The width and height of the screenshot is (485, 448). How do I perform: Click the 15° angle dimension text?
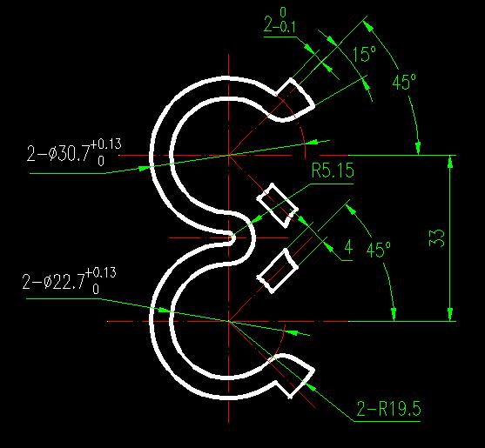tap(364, 55)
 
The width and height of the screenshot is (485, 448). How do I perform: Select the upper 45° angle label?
tap(404, 82)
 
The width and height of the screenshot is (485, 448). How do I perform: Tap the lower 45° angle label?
tap(379, 250)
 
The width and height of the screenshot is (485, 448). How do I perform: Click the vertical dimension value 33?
tap(437, 237)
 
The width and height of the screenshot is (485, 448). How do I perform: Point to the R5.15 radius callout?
tap(333, 171)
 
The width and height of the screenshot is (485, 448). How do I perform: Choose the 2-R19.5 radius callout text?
tap(389, 409)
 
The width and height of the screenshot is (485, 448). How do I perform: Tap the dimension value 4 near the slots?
tap(348, 247)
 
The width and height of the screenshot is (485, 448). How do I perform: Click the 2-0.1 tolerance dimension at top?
tap(280, 21)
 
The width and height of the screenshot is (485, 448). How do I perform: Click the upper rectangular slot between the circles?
tap(277, 205)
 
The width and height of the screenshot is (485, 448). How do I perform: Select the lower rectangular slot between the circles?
tap(278, 270)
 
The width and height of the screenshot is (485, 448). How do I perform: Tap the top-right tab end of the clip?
tap(295, 98)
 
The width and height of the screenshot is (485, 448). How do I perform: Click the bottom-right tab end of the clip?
tap(295, 377)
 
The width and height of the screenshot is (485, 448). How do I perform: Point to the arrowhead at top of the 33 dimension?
tap(450, 161)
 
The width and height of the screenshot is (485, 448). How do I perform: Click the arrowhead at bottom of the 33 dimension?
tap(450, 315)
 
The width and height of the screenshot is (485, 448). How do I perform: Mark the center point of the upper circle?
tap(229, 155)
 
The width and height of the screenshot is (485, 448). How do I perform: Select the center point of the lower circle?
tap(229, 321)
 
